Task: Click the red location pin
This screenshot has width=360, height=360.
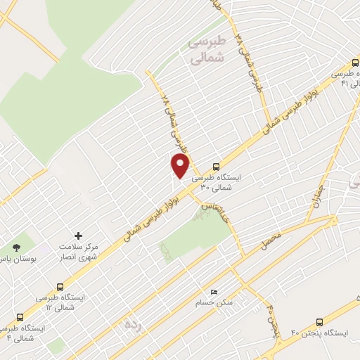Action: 181,165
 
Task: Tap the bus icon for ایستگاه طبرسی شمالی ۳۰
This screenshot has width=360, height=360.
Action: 215,167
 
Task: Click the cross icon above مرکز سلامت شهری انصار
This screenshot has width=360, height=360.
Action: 78,235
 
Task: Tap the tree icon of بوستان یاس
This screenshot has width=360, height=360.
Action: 16,247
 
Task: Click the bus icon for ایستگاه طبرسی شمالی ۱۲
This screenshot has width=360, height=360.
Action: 60,288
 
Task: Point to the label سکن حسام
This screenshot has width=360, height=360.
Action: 214,304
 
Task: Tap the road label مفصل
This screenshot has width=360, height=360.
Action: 271,243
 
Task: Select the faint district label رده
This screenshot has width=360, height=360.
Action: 131,326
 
